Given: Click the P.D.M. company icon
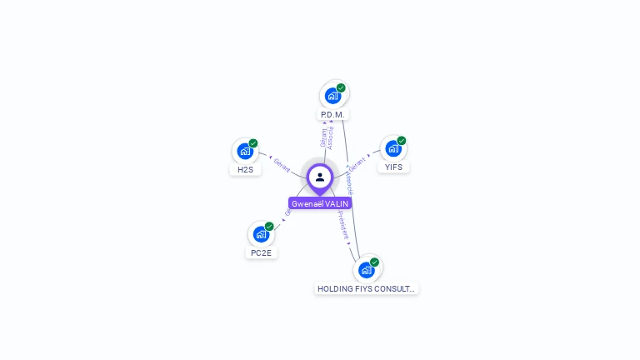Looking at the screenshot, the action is pos(332,95).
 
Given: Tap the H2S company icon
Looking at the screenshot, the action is pos(244,152).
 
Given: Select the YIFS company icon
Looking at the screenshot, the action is pos(392,149).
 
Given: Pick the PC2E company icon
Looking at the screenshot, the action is pos(261,234).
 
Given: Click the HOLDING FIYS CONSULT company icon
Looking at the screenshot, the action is pos(366,270).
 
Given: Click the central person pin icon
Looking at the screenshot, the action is pos(320,177).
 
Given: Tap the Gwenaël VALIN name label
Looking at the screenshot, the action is pos(320,203).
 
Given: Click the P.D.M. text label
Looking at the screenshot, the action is pos(332,114).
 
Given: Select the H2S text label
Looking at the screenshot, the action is pos(245,169).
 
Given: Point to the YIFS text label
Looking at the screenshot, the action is pos(393,167).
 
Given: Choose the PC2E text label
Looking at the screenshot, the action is pos(261,252).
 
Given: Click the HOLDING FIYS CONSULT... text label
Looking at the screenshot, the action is pos(367,289).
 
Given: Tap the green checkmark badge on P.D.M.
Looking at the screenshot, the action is pos(341,87).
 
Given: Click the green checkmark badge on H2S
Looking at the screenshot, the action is pos(253,143).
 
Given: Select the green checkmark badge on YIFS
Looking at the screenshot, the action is pos(402,141).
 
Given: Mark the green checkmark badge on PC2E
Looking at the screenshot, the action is pos(269,226).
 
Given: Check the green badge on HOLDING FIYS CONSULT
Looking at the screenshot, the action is pos(375,262).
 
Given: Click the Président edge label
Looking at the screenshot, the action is pos(343,225).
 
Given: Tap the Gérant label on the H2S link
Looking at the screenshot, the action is pos(282,166).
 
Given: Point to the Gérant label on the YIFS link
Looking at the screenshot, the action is pos(357,163).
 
